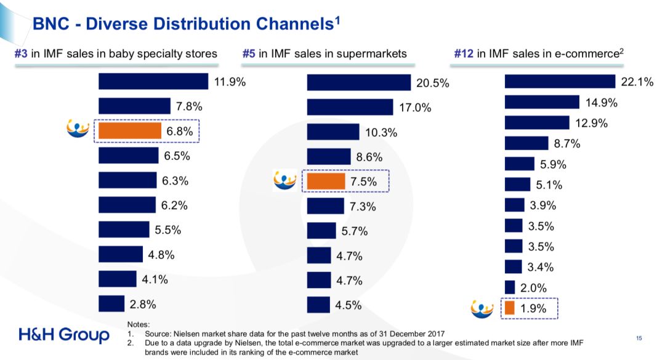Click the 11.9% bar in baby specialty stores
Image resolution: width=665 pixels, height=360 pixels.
pyautogui.click(x=153, y=81)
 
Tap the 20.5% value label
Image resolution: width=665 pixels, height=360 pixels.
pyautogui.click(x=433, y=83)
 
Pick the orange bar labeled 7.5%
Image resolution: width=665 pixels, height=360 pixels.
pyautogui.click(x=326, y=181)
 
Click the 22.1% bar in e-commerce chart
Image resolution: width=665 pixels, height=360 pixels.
pyautogui.click(x=560, y=81)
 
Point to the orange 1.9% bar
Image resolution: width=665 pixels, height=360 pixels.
pyautogui.click(x=509, y=308)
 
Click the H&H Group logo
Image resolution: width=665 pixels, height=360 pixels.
pyautogui.click(x=64, y=335)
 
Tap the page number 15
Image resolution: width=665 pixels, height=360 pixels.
pyautogui.click(x=639, y=337)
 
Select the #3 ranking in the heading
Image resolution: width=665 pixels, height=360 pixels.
pyautogui.click(x=22, y=54)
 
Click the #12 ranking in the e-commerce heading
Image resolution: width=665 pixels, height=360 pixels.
pyautogui.click(x=464, y=54)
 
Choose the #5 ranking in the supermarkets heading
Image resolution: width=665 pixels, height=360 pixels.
pyautogui.click(x=249, y=54)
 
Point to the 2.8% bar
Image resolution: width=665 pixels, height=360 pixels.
pyautogui.click(x=111, y=303)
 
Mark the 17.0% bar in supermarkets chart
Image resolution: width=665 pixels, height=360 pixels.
pyautogui.click(x=350, y=107)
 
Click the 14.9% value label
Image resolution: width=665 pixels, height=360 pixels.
pyautogui.click(x=600, y=103)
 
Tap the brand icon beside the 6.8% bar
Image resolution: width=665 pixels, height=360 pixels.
pyautogui.click(x=78, y=130)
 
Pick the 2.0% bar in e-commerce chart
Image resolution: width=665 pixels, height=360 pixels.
pyautogui.click(x=510, y=287)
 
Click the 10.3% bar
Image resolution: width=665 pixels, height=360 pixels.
pyautogui.click(x=333, y=132)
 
